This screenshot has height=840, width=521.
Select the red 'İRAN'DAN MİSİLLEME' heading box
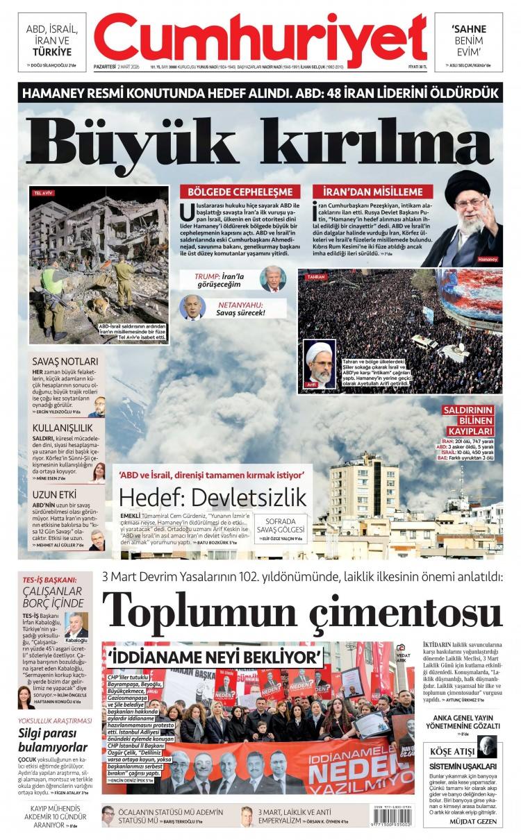372,192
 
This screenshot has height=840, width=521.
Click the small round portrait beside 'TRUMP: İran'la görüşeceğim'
273,279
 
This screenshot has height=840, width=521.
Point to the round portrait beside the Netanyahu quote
192,307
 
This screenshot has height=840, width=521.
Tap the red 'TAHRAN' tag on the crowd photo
316,276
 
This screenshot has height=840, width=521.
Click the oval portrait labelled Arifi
320,364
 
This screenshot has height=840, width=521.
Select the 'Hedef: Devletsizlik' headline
213,497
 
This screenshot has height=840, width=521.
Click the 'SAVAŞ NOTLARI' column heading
63,361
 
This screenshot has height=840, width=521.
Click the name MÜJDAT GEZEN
474,821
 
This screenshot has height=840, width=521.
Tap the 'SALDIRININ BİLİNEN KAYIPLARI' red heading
468,421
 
